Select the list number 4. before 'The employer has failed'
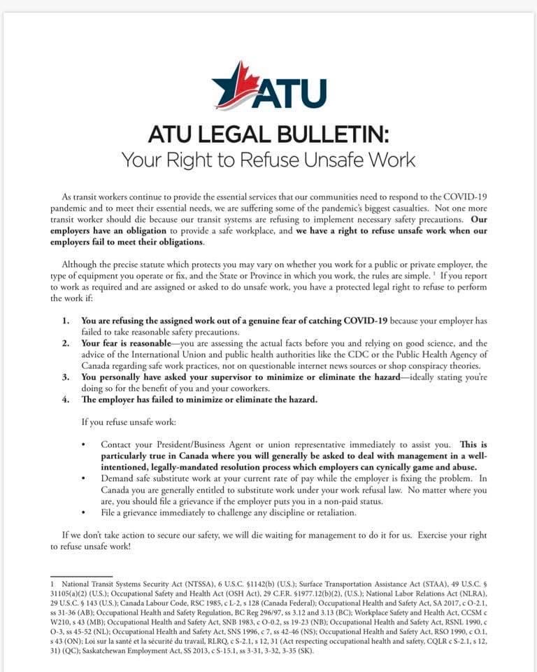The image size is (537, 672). pos(66,400)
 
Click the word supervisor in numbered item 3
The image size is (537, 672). pos(238,377)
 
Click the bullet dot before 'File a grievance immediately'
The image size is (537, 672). pos(84,512)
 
